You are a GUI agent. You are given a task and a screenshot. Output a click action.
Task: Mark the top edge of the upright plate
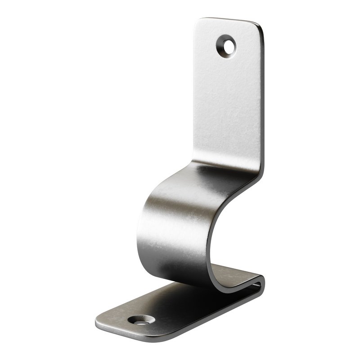coord(229,19)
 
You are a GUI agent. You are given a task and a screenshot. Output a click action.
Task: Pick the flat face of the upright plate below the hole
coord(227,108)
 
